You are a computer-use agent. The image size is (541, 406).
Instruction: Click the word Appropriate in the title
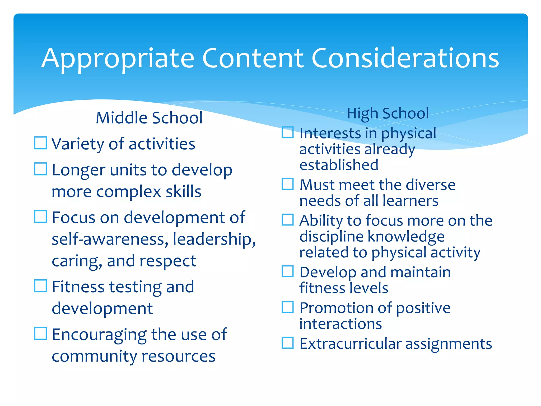118,59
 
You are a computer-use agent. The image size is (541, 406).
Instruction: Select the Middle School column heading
149,118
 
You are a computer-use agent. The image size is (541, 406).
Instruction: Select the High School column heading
388,113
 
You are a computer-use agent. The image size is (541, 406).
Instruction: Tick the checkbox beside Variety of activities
41,143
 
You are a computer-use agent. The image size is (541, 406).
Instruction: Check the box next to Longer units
41,169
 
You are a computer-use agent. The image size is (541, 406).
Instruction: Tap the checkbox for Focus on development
41,216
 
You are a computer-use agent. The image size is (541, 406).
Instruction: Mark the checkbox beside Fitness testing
41,286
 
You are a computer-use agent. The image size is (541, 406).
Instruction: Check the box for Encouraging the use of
41,334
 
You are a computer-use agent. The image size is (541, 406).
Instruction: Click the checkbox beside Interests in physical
288,132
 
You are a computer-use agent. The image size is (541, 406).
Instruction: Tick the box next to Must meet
288,184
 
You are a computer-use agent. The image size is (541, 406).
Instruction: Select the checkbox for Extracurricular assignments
288,343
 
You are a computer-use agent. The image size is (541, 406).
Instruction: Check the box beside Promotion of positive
288,307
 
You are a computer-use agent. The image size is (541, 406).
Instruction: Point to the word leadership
214,239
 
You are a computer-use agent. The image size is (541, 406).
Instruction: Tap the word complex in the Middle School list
128,192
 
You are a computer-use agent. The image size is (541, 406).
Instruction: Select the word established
339,165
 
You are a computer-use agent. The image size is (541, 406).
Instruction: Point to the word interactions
341,324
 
